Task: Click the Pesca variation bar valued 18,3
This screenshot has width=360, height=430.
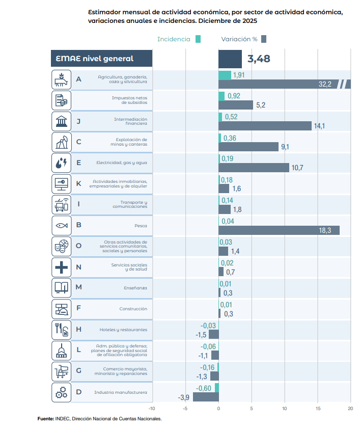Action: click(x=279, y=230)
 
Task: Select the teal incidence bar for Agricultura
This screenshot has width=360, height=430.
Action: click(x=225, y=75)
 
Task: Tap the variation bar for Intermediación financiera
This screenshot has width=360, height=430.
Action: click(x=265, y=126)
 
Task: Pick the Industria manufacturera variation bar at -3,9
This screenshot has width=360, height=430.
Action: click(x=206, y=397)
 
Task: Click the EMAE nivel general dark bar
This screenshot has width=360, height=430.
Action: click(x=230, y=59)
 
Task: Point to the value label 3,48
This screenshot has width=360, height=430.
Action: click(x=259, y=59)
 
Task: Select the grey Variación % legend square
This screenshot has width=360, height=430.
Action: click(x=263, y=39)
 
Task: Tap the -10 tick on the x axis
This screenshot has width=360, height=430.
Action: click(x=151, y=409)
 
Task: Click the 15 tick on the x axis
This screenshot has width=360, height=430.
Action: click(x=318, y=409)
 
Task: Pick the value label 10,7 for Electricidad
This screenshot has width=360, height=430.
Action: click(x=296, y=168)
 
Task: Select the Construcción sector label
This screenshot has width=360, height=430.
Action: click(x=133, y=309)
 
